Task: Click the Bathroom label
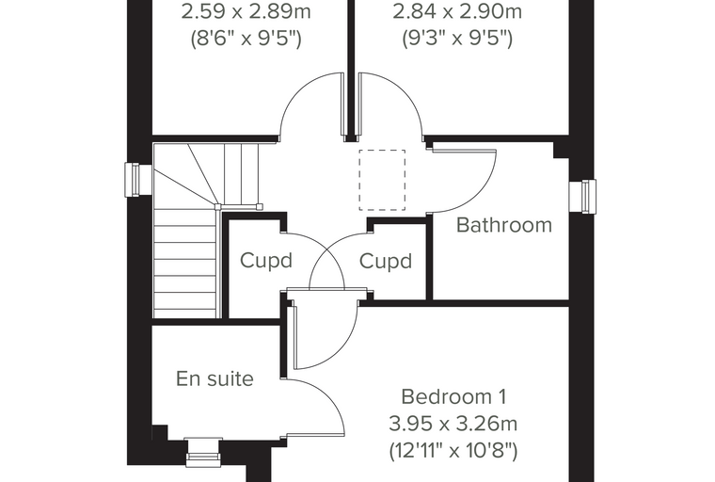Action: (504, 225)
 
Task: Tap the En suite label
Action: (214, 378)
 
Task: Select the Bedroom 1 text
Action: (453, 396)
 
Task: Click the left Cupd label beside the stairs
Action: (266, 261)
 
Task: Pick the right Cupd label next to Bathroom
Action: (386, 261)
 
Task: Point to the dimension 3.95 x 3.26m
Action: (453, 424)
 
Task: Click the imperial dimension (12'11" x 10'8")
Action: (453, 452)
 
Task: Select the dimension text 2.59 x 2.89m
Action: (246, 12)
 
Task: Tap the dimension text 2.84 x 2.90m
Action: (457, 12)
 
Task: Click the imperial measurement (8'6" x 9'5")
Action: (246, 39)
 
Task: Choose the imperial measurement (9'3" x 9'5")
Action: (457, 39)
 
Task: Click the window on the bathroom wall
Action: (582, 196)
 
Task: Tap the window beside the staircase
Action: (138, 180)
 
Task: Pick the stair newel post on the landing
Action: (218, 207)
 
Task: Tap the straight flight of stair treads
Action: (185, 264)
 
